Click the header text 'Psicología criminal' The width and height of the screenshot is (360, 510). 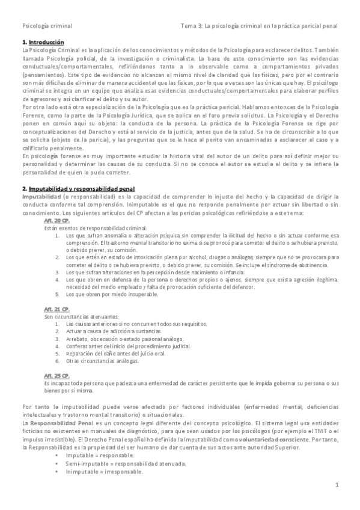[47, 26]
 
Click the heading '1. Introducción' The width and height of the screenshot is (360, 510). [43, 42]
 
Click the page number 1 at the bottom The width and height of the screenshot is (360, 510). [337, 485]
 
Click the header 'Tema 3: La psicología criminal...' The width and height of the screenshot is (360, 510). [259, 26]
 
